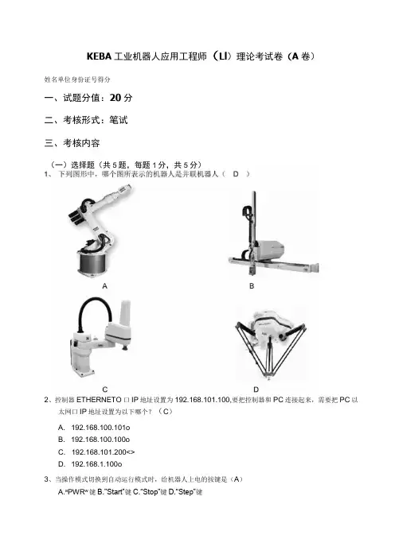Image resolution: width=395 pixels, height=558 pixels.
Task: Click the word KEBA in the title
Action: (99, 56)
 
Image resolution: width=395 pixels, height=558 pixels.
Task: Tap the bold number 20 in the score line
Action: (115, 98)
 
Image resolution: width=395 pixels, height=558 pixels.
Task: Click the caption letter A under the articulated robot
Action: (104, 286)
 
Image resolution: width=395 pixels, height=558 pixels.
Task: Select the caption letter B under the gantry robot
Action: (252, 286)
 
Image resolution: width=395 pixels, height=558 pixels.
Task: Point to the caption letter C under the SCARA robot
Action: (105, 389)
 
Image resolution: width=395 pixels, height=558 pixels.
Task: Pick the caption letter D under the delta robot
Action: (256, 389)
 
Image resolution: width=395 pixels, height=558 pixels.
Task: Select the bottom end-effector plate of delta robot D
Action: (268, 374)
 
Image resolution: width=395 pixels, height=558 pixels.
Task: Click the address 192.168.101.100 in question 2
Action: (202, 400)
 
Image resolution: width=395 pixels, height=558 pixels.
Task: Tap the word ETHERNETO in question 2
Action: (99, 400)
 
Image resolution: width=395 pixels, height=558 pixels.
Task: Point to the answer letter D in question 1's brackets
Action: (236, 174)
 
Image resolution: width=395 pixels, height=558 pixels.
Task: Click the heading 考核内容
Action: (81, 143)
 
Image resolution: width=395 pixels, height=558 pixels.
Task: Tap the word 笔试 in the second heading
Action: (119, 120)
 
